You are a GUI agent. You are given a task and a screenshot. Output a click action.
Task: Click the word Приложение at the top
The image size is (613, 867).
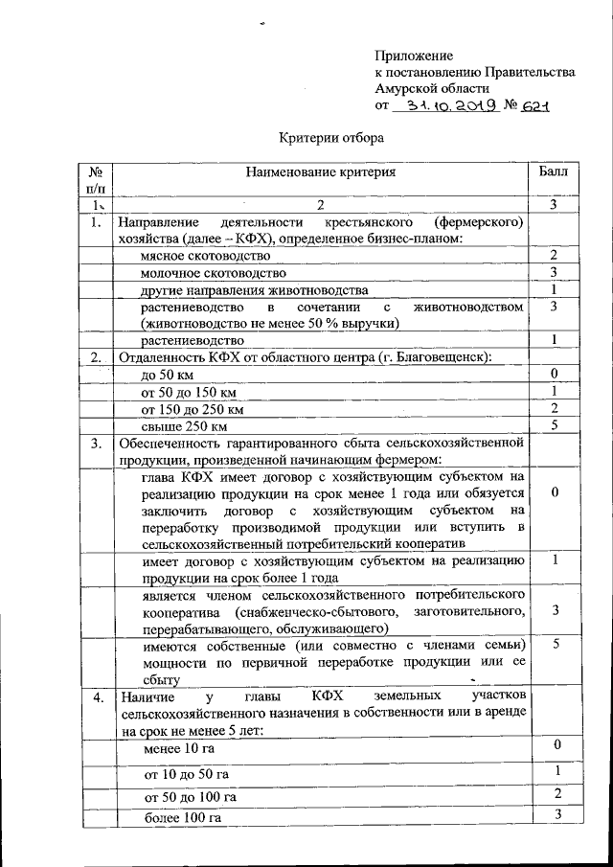[x=414, y=57]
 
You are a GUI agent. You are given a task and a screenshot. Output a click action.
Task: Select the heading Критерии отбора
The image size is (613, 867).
[x=331, y=137]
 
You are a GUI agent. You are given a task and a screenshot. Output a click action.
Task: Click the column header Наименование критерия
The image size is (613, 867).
[x=320, y=172]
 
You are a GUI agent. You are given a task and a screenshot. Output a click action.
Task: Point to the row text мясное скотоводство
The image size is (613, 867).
[x=205, y=257]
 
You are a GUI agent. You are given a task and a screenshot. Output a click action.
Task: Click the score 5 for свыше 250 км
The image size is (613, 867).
[x=555, y=425]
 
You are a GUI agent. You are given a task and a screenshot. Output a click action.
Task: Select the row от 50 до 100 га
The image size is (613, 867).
[x=190, y=796]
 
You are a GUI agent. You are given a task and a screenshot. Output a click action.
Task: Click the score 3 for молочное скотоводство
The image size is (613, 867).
[x=555, y=273]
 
